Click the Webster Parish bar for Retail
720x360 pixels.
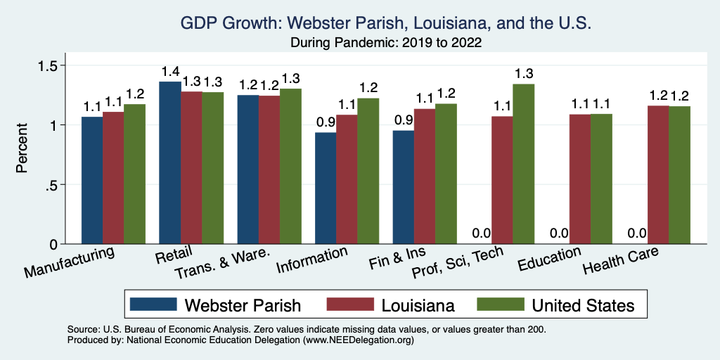(x=170, y=163)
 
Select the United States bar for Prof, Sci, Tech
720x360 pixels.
(x=524, y=164)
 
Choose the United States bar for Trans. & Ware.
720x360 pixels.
(x=291, y=166)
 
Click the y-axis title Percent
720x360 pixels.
(x=22, y=149)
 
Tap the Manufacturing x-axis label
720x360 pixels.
(x=70, y=262)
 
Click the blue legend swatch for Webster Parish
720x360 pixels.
(x=153, y=304)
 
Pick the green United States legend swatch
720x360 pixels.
(x=499, y=304)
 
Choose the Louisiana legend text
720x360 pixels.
(x=418, y=305)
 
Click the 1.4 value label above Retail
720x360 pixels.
(x=170, y=72)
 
